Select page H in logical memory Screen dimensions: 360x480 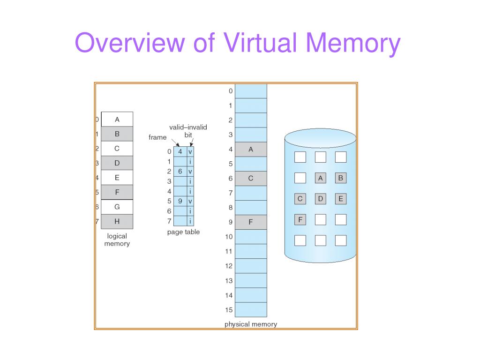[x=117, y=221]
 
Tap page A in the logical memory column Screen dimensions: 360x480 [x=117, y=119]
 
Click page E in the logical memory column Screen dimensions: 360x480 [x=117, y=178]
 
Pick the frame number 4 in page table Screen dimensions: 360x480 [x=180, y=151]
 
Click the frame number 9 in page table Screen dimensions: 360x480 [x=180, y=201]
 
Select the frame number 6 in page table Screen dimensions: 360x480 [x=180, y=172]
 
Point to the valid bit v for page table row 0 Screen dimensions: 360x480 [x=190, y=151]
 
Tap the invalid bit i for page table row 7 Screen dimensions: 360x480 [x=190, y=221]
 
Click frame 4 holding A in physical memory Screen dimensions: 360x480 [x=251, y=149]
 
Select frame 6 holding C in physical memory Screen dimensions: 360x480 [x=251, y=178]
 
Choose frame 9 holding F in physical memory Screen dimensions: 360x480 [x=251, y=222]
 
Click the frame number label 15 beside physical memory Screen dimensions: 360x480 [x=229, y=310]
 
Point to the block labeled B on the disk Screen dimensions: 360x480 [x=341, y=178]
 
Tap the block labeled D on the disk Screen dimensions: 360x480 [x=321, y=199]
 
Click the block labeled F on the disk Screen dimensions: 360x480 [x=300, y=219]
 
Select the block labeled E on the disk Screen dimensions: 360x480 [x=341, y=199]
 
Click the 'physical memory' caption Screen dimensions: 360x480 [x=251, y=324]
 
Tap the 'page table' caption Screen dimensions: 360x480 [x=183, y=232]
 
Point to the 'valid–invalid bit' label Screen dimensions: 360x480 [x=188, y=131]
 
